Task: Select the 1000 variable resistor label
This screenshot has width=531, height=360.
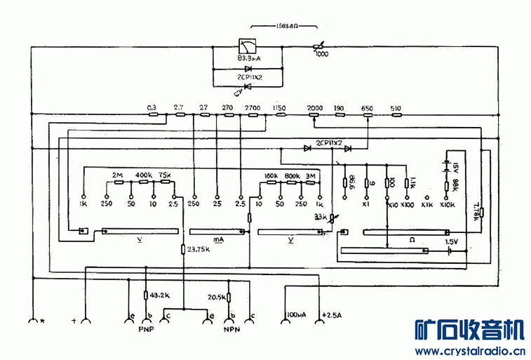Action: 321,54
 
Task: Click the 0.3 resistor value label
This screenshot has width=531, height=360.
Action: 152,107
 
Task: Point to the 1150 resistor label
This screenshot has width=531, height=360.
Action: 279,107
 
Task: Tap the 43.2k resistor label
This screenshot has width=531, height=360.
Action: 160,295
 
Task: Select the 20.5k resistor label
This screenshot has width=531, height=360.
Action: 216,298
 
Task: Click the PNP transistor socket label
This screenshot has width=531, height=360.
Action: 146,329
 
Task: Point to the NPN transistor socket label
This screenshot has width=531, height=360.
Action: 232,329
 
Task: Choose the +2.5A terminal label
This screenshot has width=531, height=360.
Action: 332,314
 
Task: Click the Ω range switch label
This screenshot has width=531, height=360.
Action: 411,240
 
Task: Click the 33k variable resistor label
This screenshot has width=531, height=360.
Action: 320,216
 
